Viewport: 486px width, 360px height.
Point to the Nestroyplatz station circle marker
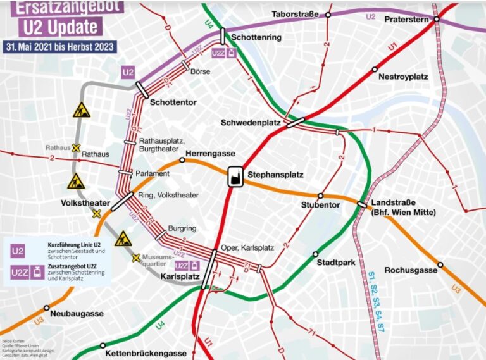click(x=375, y=69)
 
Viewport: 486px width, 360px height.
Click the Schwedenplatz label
click(x=251, y=123)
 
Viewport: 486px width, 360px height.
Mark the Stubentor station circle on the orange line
click(x=320, y=196)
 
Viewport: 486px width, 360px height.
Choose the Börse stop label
click(x=200, y=71)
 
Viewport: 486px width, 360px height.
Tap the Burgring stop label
click(x=181, y=228)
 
